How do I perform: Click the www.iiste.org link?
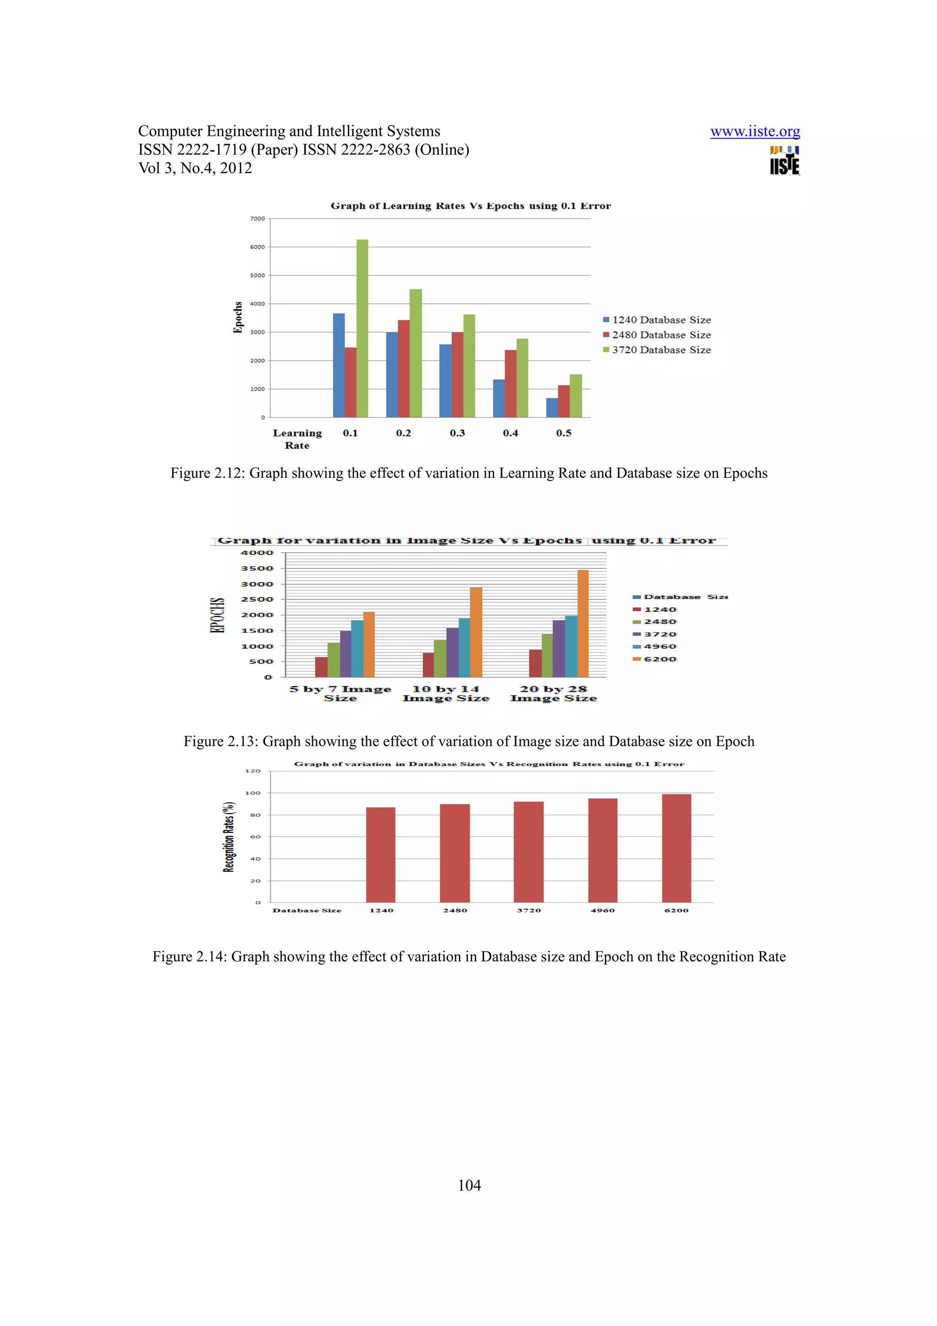(x=754, y=132)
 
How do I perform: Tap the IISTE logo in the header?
(x=784, y=161)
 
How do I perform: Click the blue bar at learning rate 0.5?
(x=552, y=407)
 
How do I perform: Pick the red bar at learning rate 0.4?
(x=510, y=383)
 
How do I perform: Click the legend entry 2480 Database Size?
(x=661, y=335)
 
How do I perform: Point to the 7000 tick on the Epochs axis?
(x=258, y=219)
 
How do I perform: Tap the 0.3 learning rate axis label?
(x=457, y=433)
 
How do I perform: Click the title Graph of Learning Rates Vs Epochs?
(x=470, y=206)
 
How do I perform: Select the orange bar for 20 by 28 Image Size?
(x=583, y=623)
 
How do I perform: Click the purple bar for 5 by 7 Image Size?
(x=345, y=654)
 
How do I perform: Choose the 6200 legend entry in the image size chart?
(x=659, y=659)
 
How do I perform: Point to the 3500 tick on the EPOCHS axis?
(x=258, y=568)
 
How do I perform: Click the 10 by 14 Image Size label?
(x=446, y=694)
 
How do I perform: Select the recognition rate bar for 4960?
(x=603, y=850)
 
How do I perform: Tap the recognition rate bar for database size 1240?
(x=381, y=855)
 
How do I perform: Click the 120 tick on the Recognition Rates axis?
(x=253, y=771)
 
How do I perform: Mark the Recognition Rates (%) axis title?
(x=229, y=837)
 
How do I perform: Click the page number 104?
(x=469, y=1185)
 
